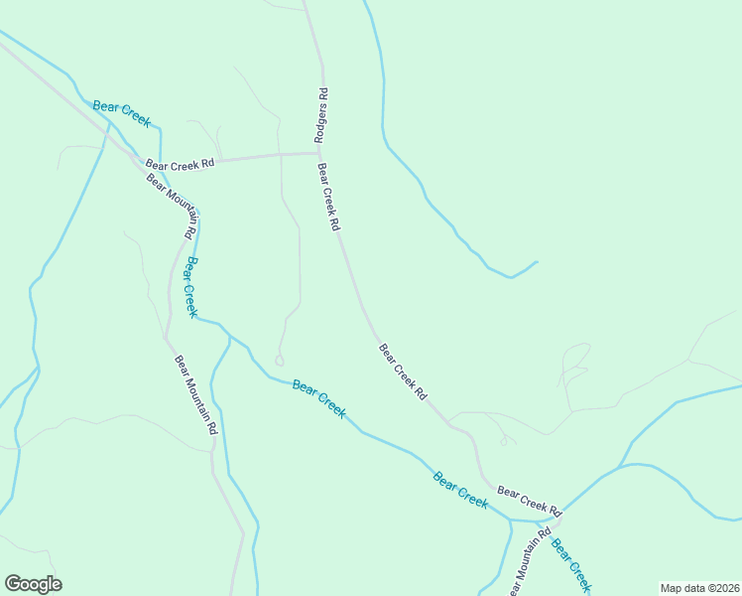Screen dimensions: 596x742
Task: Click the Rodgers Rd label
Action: point(322,116)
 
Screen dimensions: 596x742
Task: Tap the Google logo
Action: point(33,584)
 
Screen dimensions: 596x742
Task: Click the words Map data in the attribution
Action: point(683,588)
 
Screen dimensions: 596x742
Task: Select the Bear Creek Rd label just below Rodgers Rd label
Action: point(328,199)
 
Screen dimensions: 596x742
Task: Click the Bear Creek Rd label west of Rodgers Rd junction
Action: point(180,164)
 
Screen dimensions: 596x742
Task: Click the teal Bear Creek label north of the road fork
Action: point(121,113)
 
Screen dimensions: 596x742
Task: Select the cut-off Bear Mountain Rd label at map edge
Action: point(529,564)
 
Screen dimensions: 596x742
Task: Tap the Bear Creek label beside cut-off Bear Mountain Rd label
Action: point(570,564)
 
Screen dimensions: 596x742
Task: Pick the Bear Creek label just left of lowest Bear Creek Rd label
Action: point(460,490)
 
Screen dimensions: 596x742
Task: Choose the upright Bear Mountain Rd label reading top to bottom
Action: point(195,395)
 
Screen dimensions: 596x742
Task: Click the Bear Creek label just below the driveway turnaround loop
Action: point(318,398)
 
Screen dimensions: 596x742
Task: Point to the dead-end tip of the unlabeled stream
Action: point(537,262)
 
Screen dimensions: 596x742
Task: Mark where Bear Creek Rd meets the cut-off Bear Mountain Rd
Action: point(556,518)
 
